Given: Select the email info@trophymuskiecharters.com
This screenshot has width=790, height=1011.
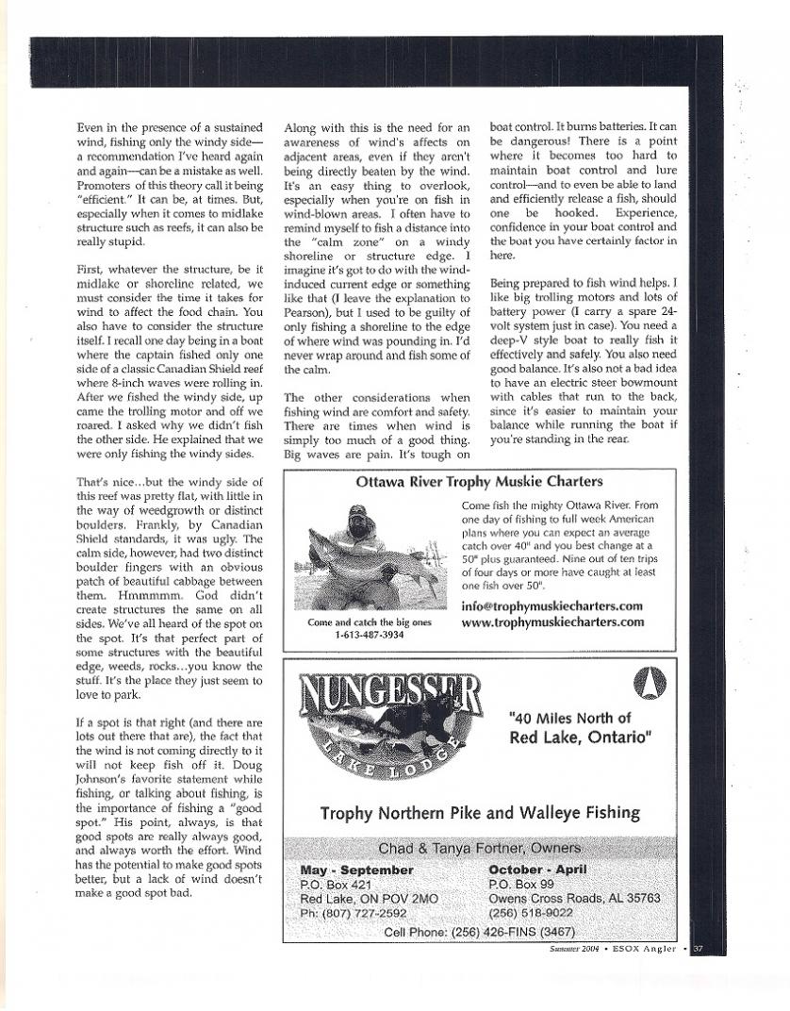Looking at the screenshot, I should point(551,606).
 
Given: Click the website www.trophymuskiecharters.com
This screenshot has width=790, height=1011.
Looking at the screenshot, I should point(552,622).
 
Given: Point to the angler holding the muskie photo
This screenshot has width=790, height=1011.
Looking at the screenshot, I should point(366,556).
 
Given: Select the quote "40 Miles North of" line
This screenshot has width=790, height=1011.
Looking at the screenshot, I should point(568,719).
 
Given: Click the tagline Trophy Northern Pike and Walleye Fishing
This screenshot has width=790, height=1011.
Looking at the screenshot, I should point(479,812).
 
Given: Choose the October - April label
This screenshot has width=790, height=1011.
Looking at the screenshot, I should point(537,869).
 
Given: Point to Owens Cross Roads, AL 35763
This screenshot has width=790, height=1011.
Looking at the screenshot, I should point(574,899).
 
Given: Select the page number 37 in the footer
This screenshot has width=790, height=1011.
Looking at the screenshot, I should point(698,950).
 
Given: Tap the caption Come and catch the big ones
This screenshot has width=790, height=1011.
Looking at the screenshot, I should point(369,622).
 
